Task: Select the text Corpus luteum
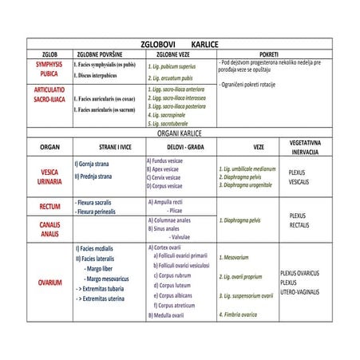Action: pyautogui.click(x=179, y=284)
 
